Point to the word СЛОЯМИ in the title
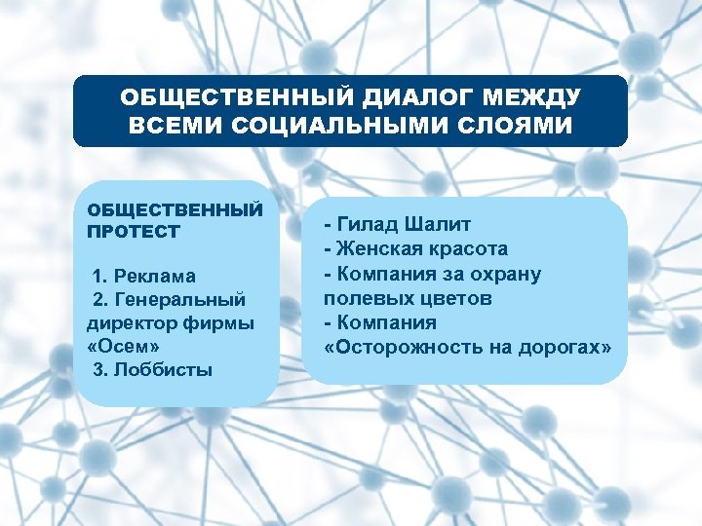[x=511, y=127]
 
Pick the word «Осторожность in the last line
[x=409, y=347]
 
